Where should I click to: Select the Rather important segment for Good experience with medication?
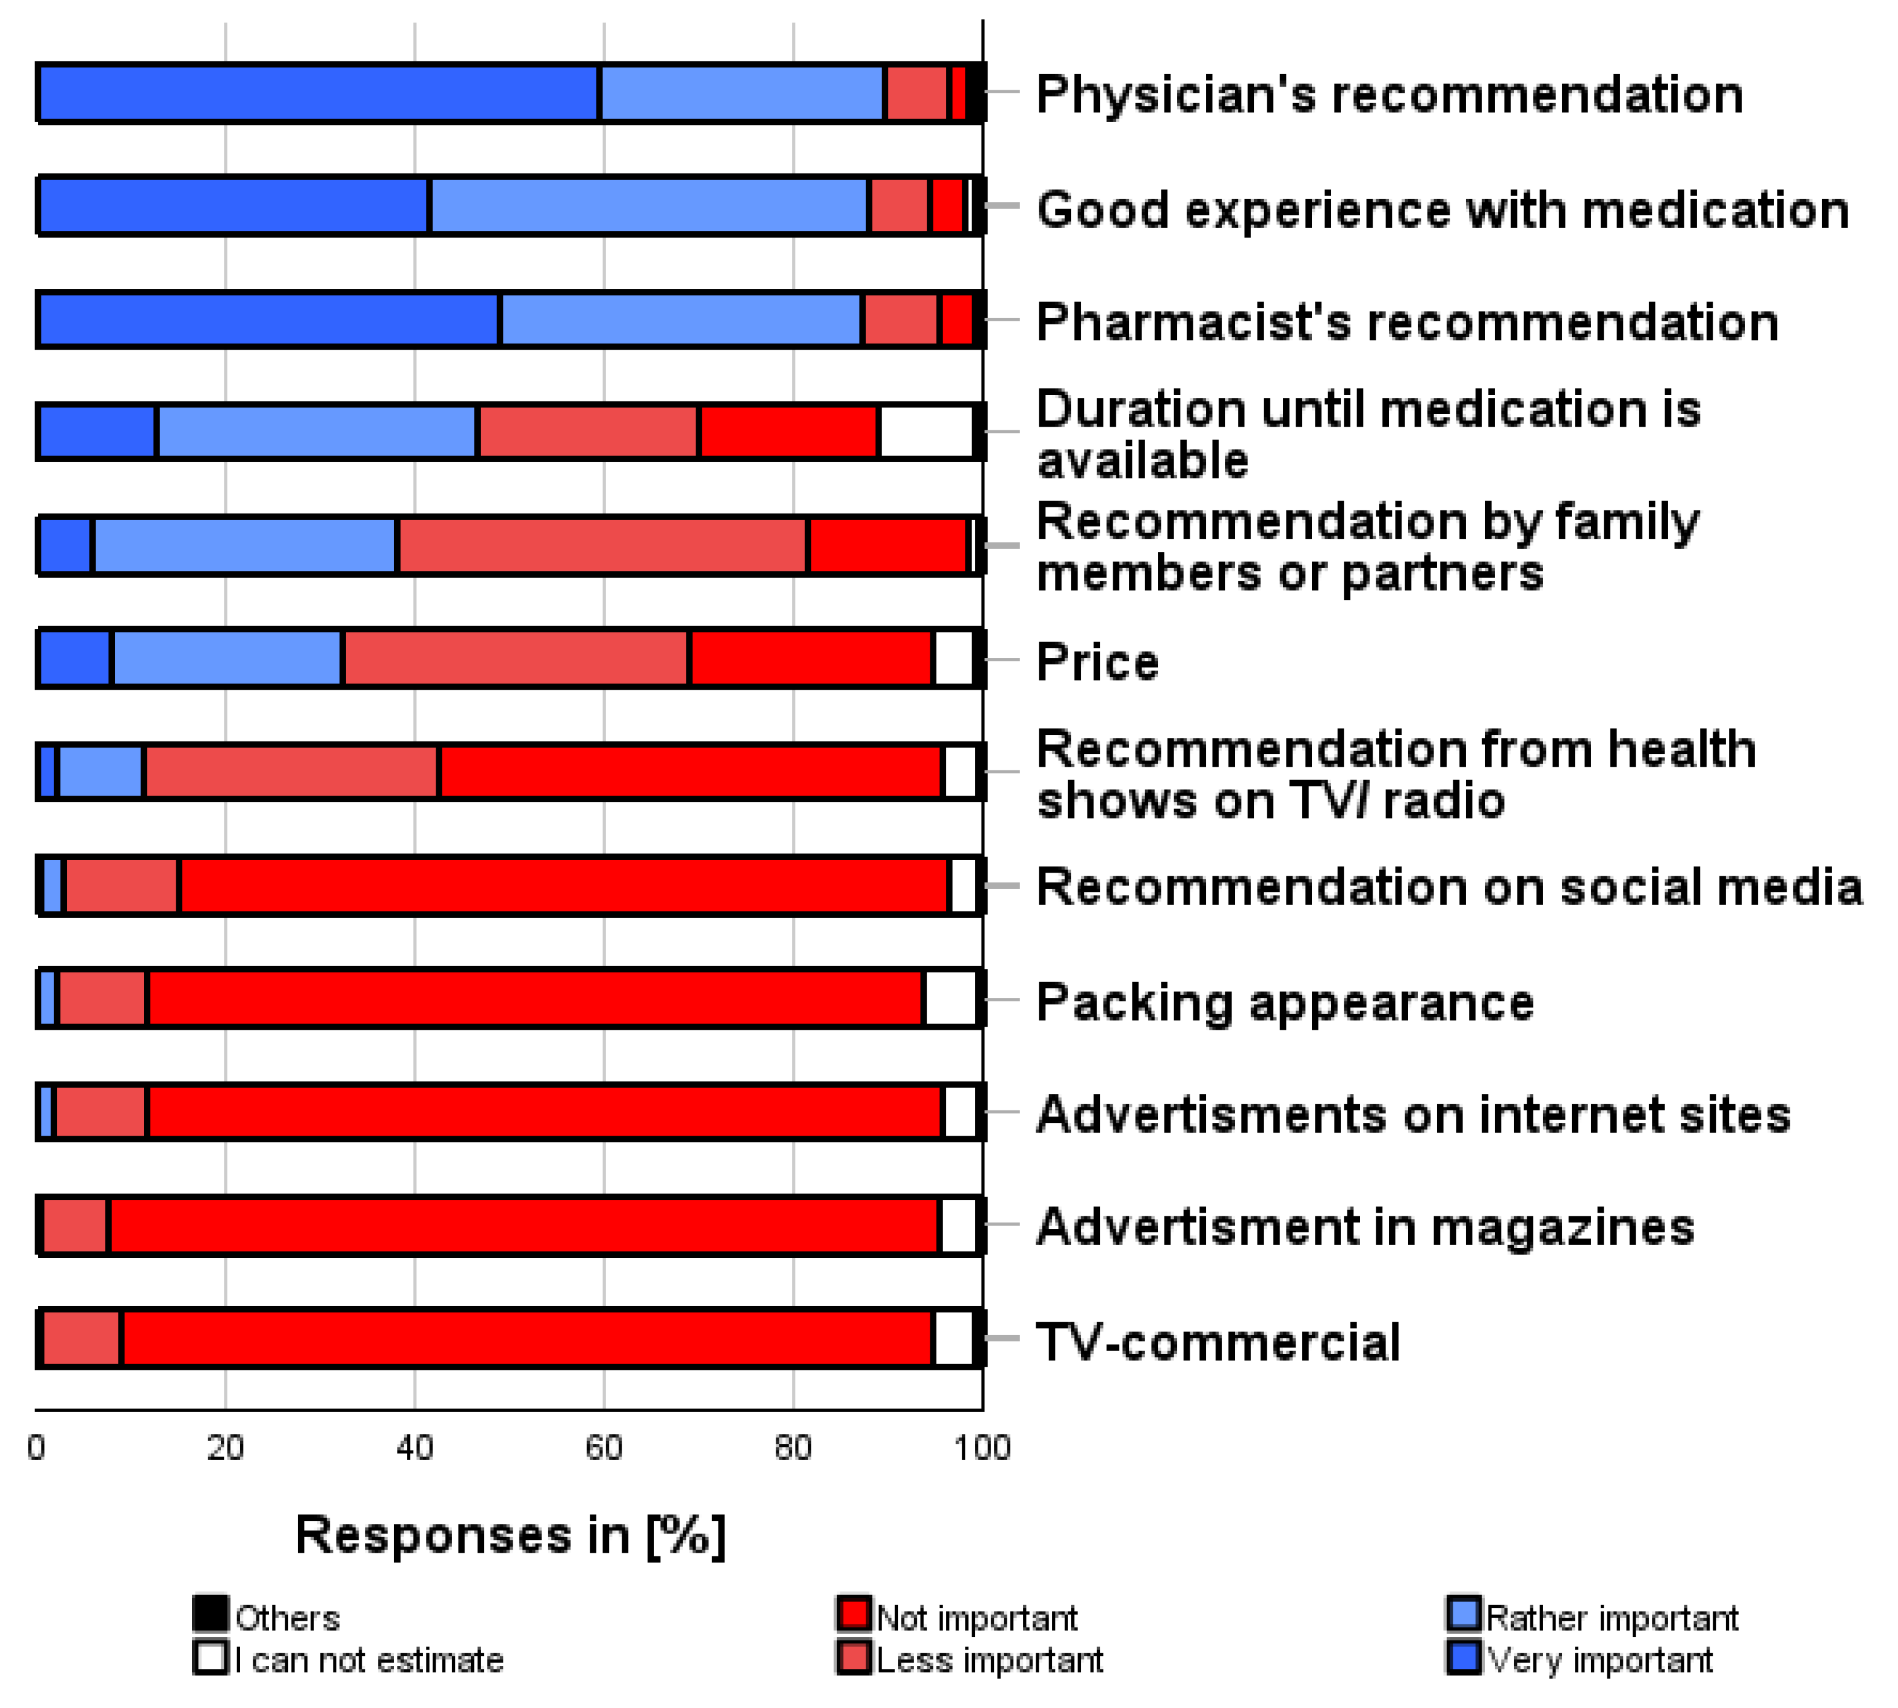tap(648, 205)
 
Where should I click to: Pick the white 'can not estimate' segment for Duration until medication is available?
tap(926, 432)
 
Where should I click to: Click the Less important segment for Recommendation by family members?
tap(601, 545)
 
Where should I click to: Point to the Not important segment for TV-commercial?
tap(527, 1337)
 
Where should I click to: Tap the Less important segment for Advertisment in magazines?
tap(75, 1225)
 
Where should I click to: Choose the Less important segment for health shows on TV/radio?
tap(291, 772)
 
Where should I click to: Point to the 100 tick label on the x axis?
tap(981, 1448)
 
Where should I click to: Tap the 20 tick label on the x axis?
tap(225, 1448)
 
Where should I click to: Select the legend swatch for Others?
tap(210, 1614)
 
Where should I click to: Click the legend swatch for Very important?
tap(1464, 1656)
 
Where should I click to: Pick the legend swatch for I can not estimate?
tap(210, 1656)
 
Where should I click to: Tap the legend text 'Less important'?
tap(989, 1660)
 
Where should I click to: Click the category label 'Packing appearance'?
tap(1284, 1002)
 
